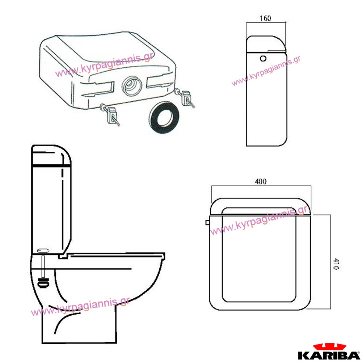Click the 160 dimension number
pos(265,18)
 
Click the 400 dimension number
pos(261,181)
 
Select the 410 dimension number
pos(336,264)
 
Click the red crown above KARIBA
pos(329,347)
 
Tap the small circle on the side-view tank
pos(263,58)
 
